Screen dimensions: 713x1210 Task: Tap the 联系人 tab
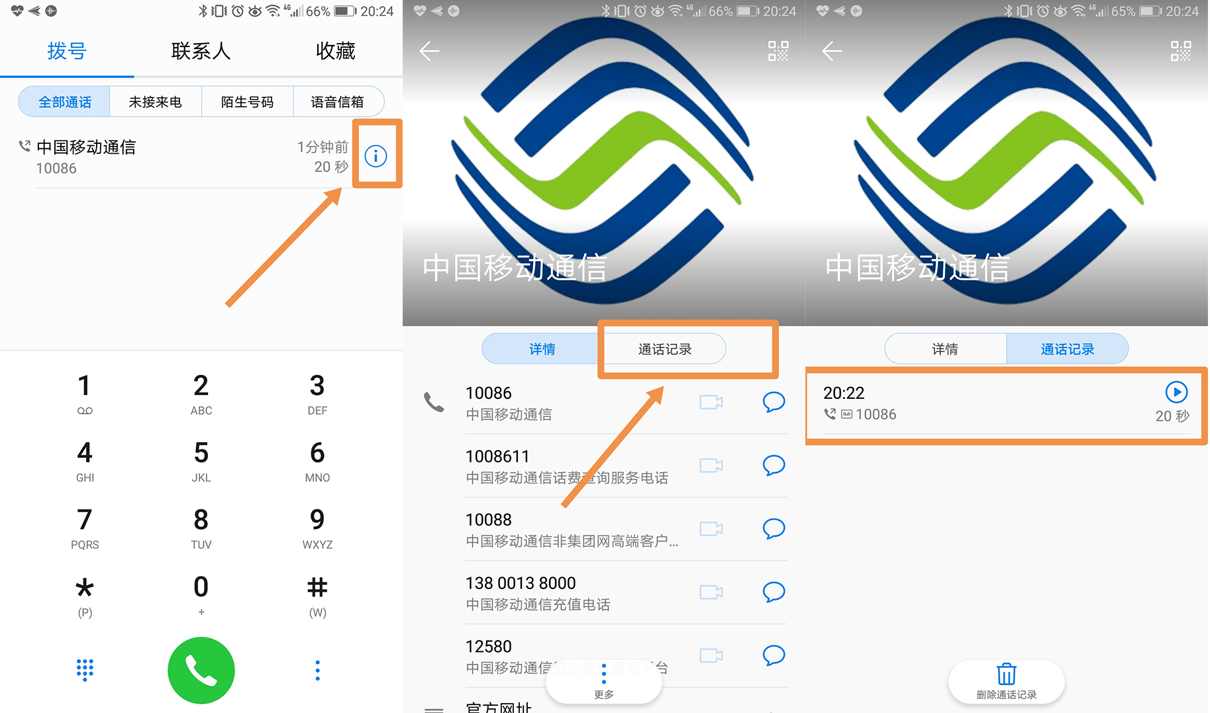pyautogui.click(x=201, y=51)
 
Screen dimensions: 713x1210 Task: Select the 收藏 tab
pyautogui.click(x=335, y=51)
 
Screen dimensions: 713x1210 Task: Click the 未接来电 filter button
pyautogui.click(x=155, y=102)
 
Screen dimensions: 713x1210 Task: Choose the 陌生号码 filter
pyautogui.click(x=247, y=102)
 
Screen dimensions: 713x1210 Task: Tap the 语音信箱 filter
pyautogui.click(x=338, y=102)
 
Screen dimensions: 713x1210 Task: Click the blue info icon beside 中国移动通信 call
pyautogui.click(x=376, y=156)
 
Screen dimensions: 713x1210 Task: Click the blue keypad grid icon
pyautogui.click(x=85, y=670)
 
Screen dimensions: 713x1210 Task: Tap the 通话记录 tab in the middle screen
pyautogui.click(x=665, y=349)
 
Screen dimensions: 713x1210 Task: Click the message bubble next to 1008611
pyautogui.click(x=774, y=465)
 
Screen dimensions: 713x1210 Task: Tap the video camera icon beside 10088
pyautogui.click(x=711, y=529)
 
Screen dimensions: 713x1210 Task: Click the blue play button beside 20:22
pyautogui.click(x=1176, y=392)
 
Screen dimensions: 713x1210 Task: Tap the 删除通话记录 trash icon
pyautogui.click(x=1006, y=679)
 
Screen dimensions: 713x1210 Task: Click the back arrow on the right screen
pyautogui.click(x=832, y=51)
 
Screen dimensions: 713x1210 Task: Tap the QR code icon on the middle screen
pyautogui.click(x=778, y=51)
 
